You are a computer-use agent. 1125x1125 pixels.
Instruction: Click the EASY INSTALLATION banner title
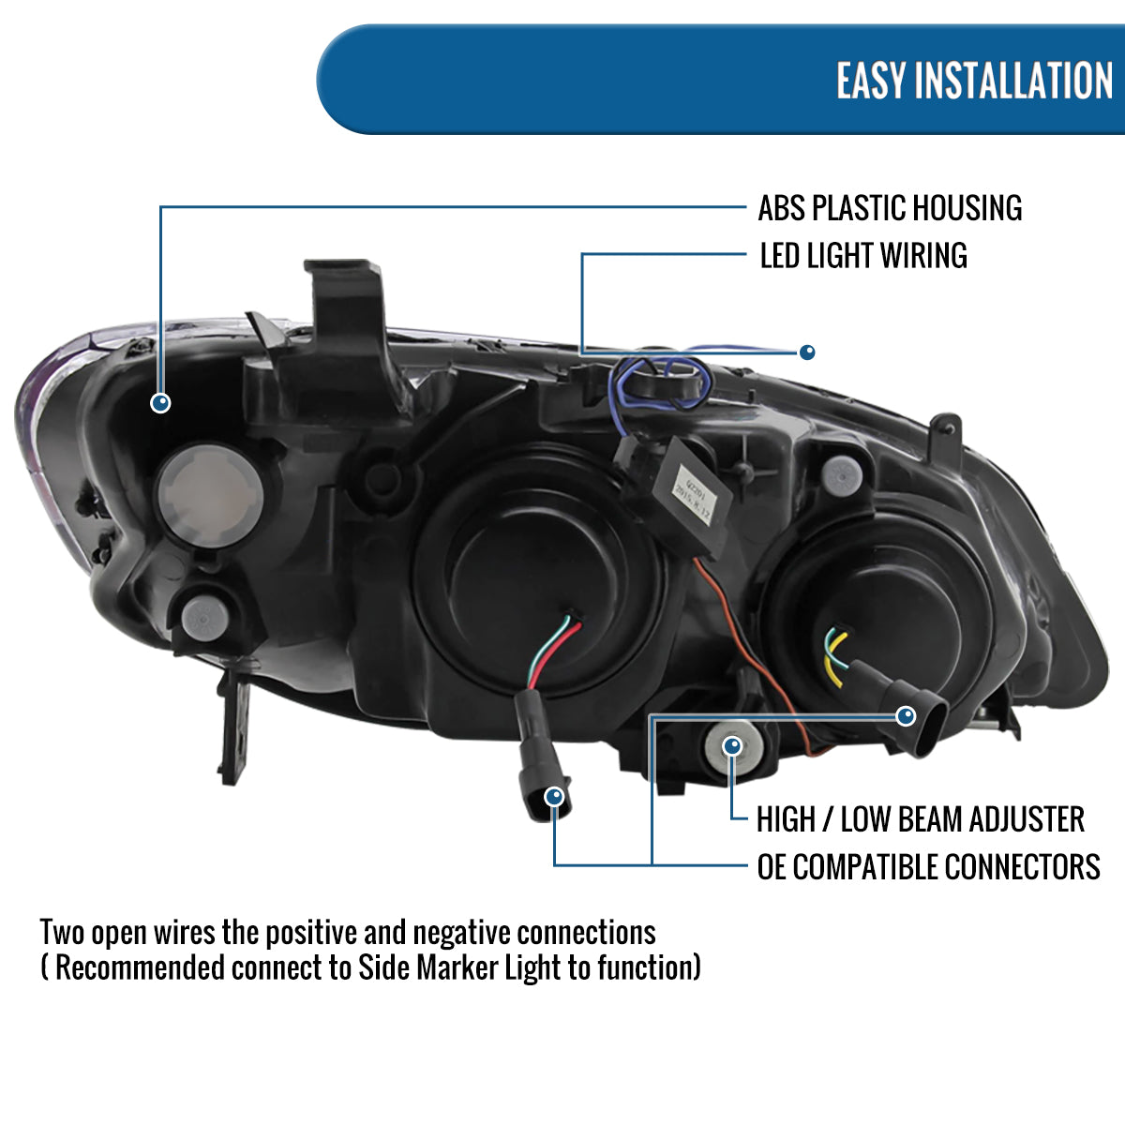point(974,81)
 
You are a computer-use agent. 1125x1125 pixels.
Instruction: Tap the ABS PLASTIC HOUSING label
point(890,208)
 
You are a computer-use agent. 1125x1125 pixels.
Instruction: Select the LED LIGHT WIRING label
point(863,255)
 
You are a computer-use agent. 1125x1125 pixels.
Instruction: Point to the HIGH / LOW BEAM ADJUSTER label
point(920,819)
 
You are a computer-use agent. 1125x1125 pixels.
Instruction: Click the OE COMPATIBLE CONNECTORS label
point(928,866)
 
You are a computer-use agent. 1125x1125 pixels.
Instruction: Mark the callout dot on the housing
point(161,402)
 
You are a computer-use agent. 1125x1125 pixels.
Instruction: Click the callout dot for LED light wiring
point(807,352)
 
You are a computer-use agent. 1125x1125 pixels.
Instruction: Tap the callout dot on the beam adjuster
point(733,746)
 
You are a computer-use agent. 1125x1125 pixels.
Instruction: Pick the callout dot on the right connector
point(906,716)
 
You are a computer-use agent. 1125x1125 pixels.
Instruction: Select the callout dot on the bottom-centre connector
point(555,797)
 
